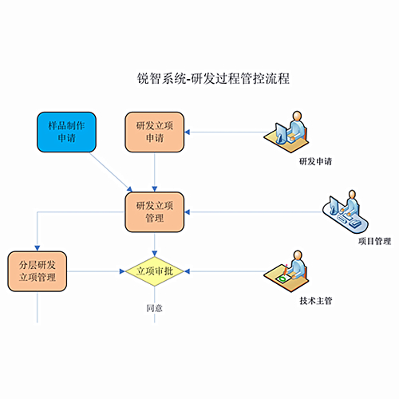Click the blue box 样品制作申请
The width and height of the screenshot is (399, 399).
coord(66,132)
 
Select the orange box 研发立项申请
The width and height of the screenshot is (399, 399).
coord(155,132)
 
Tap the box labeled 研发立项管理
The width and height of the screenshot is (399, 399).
coord(155,212)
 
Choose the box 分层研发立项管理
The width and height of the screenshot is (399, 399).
coord(38,271)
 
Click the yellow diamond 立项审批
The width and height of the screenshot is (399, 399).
coord(155,271)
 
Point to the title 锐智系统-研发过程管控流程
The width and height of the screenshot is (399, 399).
coord(213,78)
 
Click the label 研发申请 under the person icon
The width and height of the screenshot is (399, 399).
coord(315,161)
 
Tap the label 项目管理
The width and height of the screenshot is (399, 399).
coord(374,241)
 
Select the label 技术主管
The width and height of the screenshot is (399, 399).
coord(316,301)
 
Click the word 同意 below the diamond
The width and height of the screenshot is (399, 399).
coord(155,308)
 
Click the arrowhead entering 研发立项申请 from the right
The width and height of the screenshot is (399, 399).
coord(187,132)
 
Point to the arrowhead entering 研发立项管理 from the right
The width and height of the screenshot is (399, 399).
coord(187,212)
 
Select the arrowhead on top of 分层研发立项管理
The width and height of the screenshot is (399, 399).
coord(38,248)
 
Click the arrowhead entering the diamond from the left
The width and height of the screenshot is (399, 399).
coord(122,271)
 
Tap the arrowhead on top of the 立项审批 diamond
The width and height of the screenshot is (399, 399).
coord(155,254)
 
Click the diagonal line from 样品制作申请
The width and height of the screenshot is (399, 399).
coord(111,172)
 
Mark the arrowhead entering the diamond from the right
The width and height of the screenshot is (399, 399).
coord(187,271)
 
